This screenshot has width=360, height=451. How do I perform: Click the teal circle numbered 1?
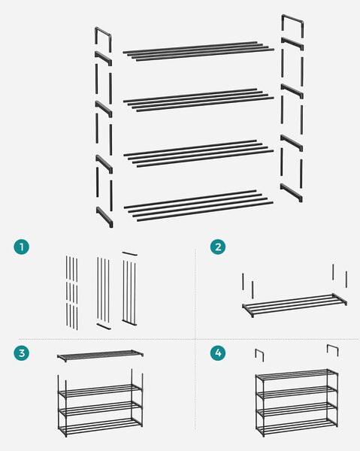tap(22, 247)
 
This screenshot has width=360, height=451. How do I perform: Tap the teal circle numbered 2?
tap(218, 247)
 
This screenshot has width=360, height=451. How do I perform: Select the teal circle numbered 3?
tap(22, 353)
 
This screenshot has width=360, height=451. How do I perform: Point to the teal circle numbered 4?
tap(218, 353)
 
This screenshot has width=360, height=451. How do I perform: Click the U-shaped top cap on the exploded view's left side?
tap(103, 31)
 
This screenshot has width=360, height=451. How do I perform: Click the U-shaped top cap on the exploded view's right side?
tap(292, 18)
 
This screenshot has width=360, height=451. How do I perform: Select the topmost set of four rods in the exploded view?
tap(198, 51)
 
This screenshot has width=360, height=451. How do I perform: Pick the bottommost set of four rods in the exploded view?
tap(198, 206)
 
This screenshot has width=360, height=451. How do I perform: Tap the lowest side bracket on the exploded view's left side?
tap(104, 216)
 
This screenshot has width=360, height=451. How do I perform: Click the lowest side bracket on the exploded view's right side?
tap(292, 192)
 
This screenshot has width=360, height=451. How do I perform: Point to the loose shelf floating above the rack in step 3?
tap(100, 356)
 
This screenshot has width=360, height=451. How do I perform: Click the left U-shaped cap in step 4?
tap(259, 352)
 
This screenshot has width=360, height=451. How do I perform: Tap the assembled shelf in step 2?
tap(295, 305)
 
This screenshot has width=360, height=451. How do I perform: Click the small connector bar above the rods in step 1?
tap(129, 254)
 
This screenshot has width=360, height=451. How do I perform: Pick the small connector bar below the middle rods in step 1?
tap(104, 326)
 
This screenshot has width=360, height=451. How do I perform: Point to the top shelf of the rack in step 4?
tap(296, 374)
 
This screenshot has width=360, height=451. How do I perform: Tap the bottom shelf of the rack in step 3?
tap(101, 425)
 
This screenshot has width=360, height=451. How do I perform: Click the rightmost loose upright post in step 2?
tap(346, 279)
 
